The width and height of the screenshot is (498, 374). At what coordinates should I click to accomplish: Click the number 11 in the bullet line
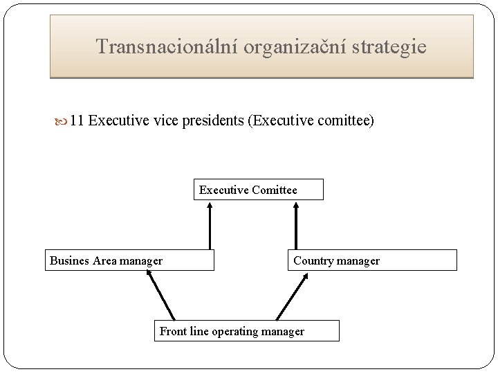point(77,121)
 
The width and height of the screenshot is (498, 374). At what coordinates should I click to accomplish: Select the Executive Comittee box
point(258,190)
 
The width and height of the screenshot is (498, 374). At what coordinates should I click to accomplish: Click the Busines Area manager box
point(130,260)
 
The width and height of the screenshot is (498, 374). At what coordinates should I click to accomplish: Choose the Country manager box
point(372,260)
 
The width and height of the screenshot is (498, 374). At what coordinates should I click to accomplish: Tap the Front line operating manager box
point(247,331)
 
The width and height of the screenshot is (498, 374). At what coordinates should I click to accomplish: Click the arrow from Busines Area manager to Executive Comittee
point(210,224)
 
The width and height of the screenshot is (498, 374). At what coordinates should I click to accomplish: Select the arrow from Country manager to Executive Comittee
point(296,224)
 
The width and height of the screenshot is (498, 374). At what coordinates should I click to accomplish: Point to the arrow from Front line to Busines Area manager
point(160,295)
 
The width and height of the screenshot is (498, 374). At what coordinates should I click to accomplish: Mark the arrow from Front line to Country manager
point(292,295)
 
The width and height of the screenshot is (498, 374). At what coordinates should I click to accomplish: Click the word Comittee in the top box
point(275,190)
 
